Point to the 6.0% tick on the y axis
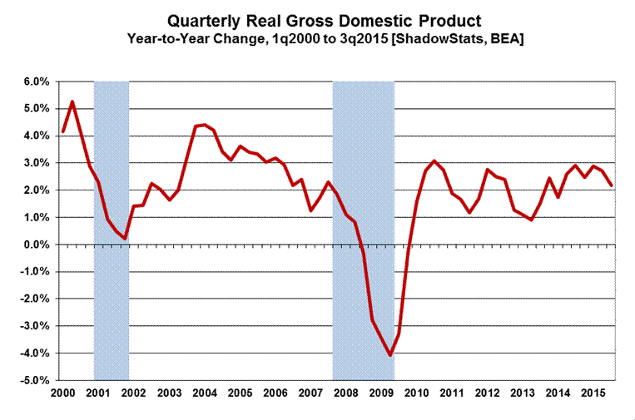click(34, 82)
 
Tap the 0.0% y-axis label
click(34, 245)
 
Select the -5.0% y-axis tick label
click(32, 380)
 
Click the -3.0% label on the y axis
click(32, 326)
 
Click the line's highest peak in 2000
click(72, 101)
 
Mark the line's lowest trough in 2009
click(389, 355)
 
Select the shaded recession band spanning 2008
click(363, 166)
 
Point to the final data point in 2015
click(613, 185)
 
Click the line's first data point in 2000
click(63, 131)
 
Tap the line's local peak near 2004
click(205, 125)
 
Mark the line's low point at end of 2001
click(125, 239)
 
